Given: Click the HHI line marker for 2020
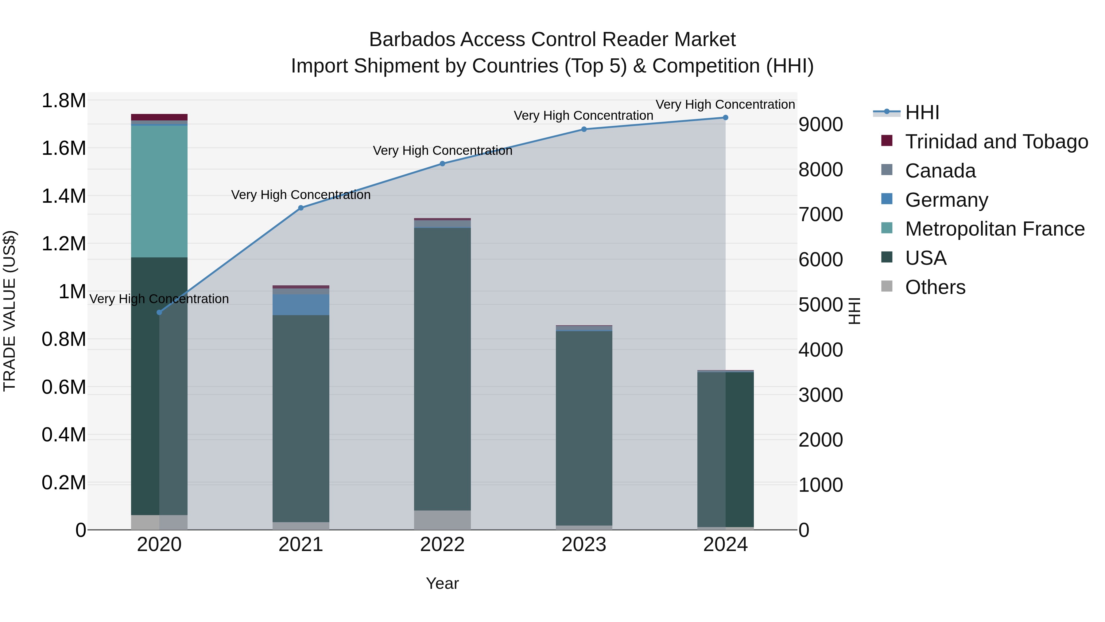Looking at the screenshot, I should (x=159, y=312).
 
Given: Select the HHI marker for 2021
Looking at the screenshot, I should (x=301, y=208).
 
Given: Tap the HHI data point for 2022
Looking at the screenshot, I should (x=442, y=163).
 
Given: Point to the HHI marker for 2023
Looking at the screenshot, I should (x=584, y=129).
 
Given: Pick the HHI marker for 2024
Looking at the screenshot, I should (x=725, y=118).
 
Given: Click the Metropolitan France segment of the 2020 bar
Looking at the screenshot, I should (x=159, y=191).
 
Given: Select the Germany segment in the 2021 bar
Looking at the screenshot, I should (x=301, y=304).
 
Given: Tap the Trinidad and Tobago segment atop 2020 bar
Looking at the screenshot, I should (x=159, y=117).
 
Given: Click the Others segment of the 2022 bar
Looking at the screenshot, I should (x=442, y=520).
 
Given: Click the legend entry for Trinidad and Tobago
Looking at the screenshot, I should (x=996, y=142).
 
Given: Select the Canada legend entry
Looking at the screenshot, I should (x=940, y=171).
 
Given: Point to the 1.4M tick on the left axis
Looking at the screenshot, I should (x=64, y=196).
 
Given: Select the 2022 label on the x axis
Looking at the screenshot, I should (x=442, y=545).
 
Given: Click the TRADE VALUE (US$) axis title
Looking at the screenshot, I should (x=10, y=311).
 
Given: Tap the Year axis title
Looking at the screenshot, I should (x=442, y=583).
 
